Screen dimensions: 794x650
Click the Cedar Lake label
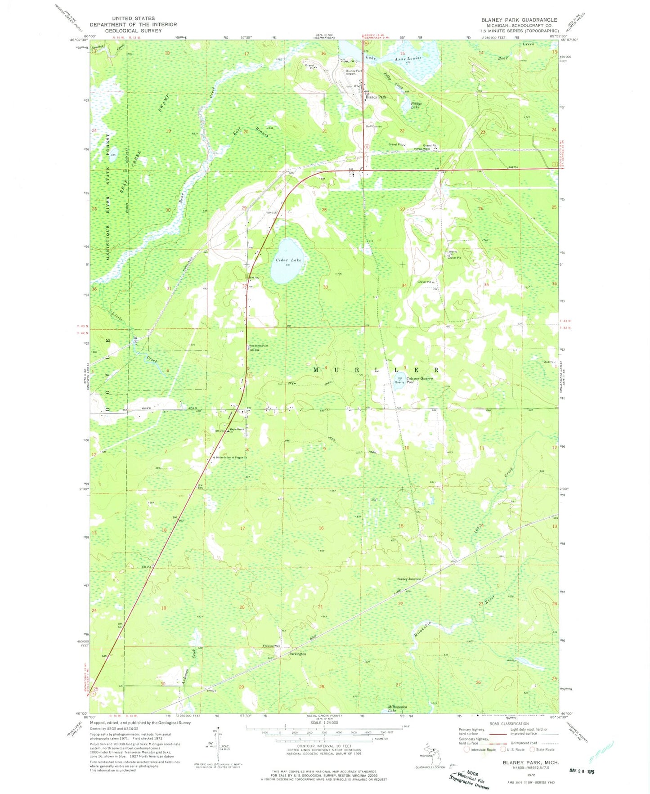[288, 260]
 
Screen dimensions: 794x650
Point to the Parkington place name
[297, 654]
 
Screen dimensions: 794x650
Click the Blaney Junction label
[408, 579]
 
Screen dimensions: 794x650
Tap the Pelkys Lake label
[416, 105]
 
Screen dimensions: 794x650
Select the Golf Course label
[373, 126]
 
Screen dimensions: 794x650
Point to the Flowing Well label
[271, 646]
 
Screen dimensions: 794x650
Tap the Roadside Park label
[259, 345]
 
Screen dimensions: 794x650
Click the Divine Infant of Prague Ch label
[231, 458]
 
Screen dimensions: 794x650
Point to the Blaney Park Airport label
[354, 72]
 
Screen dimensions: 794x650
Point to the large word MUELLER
[376, 370]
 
